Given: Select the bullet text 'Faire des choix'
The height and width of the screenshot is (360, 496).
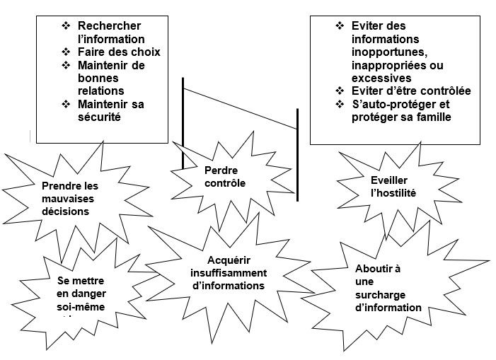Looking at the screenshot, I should (x=119, y=52).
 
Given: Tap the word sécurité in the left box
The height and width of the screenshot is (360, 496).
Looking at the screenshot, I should (x=100, y=117).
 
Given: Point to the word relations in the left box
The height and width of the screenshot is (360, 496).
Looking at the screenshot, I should (x=101, y=91).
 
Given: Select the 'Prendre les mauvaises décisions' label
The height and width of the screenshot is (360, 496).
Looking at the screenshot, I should (x=69, y=199).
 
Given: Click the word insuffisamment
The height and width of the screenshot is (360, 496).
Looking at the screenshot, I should (x=229, y=273).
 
